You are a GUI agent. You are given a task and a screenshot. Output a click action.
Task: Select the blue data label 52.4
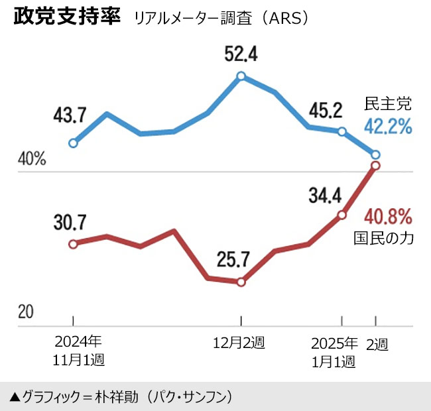[x=241, y=52]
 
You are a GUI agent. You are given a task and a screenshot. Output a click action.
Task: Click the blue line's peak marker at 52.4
[x=241, y=76]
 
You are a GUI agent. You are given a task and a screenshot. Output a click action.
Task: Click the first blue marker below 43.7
[x=74, y=143]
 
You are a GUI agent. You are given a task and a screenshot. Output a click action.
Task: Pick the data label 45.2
[x=325, y=108]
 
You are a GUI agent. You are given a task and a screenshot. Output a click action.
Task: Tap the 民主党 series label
[x=389, y=103]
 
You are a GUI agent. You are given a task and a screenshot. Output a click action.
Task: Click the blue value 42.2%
[x=389, y=126]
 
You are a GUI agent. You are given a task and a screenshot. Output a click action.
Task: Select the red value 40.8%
[x=389, y=216]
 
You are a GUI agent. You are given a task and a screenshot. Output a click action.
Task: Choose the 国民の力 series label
[x=384, y=239]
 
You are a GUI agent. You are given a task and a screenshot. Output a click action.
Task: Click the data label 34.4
[x=325, y=195]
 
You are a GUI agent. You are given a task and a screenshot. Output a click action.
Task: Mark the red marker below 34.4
[x=342, y=215]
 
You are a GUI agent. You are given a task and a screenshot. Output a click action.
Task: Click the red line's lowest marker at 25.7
[x=241, y=282]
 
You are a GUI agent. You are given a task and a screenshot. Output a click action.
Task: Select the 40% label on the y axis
[x=32, y=160]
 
